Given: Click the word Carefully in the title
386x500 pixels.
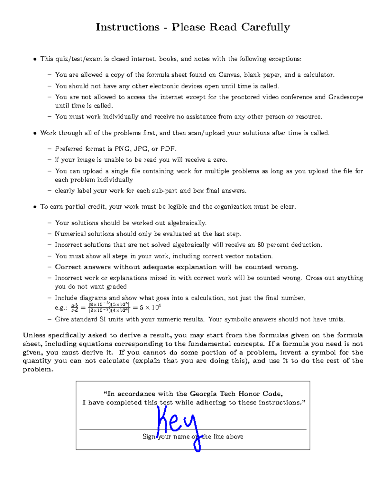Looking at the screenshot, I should [266, 27].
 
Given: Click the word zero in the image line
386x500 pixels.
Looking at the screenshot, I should [220, 160].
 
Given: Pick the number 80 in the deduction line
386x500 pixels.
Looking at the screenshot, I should [261, 245].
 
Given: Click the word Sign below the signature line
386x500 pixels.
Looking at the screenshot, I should [149, 437].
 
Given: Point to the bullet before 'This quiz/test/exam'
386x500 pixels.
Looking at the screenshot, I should [35, 59].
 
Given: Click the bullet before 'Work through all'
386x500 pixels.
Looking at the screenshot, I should [35, 133].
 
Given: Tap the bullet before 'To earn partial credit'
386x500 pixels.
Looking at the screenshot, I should [35, 207].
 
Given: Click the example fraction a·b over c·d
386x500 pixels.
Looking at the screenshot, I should [74, 308].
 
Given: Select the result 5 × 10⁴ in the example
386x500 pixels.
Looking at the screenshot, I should [150, 307].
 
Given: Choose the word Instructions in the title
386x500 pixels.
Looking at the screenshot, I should [128, 27].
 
